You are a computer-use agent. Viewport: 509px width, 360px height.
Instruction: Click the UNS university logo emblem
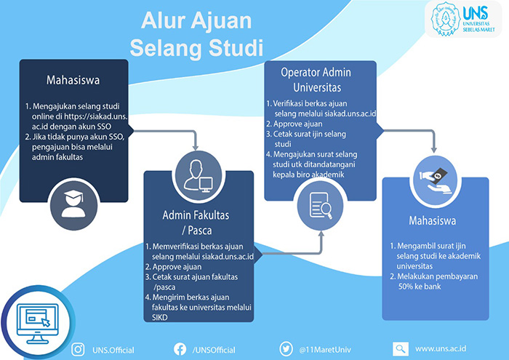coord(445,19)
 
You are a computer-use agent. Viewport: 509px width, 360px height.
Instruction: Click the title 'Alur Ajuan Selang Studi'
coord(196,34)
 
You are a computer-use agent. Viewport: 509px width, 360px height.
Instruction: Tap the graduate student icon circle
coord(73,204)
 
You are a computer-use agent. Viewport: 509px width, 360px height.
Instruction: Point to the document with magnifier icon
coord(320,206)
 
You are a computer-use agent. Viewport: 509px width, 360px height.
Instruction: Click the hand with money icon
coord(435,180)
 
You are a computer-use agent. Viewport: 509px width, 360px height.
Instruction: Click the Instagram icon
coord(78,350)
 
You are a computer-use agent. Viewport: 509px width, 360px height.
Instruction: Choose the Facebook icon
coord(180,349)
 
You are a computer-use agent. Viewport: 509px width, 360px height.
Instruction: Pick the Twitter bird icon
coord(286,349)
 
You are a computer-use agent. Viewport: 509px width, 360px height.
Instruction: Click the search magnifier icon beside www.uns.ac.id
coord(401,349)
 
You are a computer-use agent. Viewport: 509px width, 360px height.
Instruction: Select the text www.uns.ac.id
coord(441,348)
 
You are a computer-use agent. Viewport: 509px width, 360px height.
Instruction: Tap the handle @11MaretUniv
coord(325,350)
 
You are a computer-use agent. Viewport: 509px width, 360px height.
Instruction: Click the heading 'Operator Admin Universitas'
coord(316,79)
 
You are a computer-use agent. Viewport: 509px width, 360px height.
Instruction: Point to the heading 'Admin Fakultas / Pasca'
coord(196,223)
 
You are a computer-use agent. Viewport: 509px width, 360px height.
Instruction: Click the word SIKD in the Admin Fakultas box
coord(160,318)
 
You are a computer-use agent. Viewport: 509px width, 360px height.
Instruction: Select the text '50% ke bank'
coord(420,287)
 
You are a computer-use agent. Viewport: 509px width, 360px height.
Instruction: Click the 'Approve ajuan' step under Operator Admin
coord(298,124)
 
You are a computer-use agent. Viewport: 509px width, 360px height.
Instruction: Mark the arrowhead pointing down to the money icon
coord(433,150)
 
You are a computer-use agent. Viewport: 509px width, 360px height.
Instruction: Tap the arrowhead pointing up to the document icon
coord(321,233)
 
